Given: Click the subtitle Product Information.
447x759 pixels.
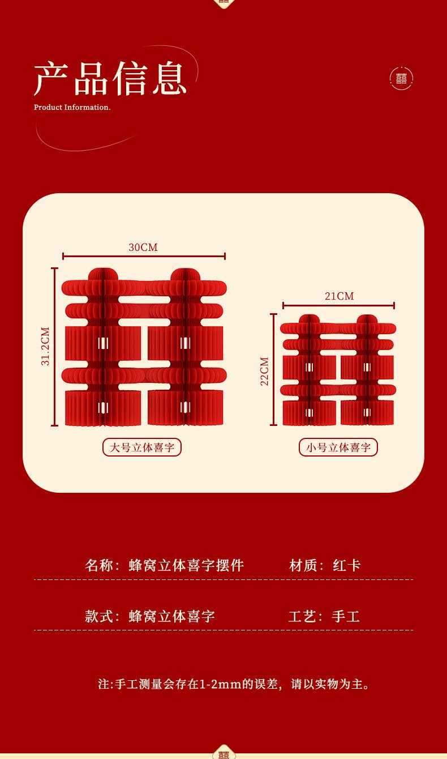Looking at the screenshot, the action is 72,108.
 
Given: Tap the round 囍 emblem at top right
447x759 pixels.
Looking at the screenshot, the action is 401,79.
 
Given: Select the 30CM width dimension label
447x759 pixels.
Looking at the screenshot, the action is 143,248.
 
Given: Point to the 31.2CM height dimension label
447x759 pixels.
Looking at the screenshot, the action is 46,346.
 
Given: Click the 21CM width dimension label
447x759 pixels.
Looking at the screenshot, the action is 339,296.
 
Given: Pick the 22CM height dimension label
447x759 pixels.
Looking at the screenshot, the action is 265,371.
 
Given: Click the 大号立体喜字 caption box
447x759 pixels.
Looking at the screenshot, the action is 142,447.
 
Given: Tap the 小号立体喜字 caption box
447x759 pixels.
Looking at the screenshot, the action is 338,447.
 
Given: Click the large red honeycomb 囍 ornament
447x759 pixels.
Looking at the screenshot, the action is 144,347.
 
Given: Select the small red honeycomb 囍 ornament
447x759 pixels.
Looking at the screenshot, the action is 338,370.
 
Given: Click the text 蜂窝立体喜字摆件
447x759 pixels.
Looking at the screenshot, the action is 187,565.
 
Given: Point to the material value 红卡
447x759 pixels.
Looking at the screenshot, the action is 347,565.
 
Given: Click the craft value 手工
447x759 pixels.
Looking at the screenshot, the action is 346,616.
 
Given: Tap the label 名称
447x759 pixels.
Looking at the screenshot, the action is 99,565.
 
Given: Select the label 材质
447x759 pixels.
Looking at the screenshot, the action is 303,565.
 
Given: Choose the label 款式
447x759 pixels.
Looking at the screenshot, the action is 99,616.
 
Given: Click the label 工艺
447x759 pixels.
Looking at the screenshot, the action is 302,616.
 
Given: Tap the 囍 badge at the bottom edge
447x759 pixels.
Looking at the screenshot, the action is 223,753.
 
